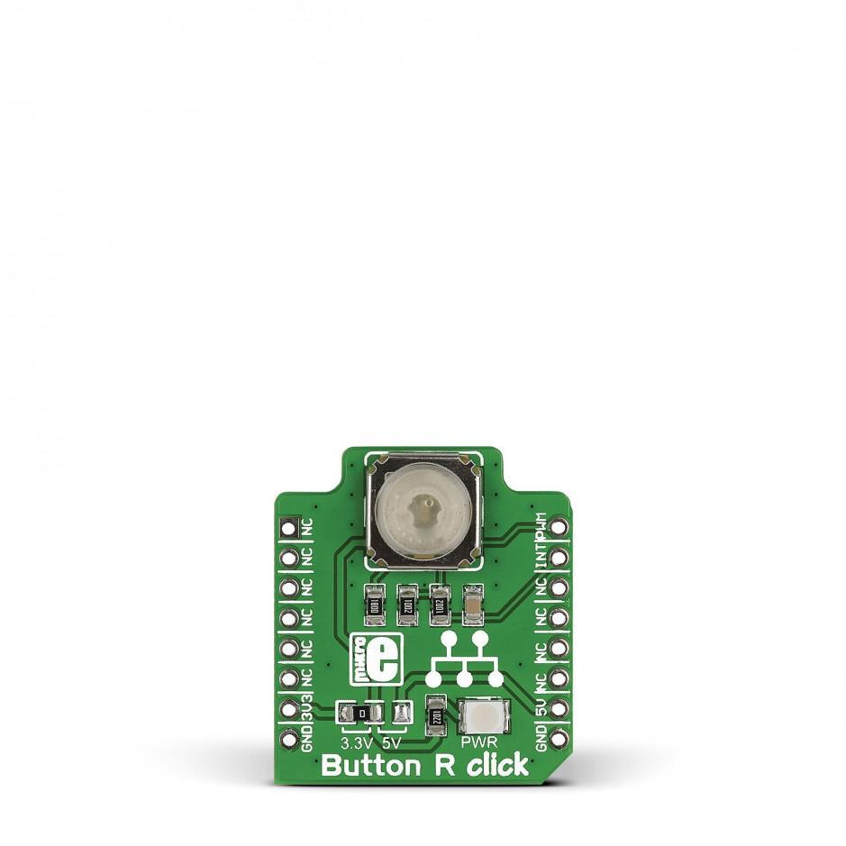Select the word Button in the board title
(x=368, y=767)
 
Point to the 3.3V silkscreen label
(x=356, y=743)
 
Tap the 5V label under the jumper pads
(x=391, y=743)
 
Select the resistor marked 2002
(x=406, y=604)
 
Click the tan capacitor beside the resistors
(x=471, y=604)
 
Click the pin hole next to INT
(x=559, y=557)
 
